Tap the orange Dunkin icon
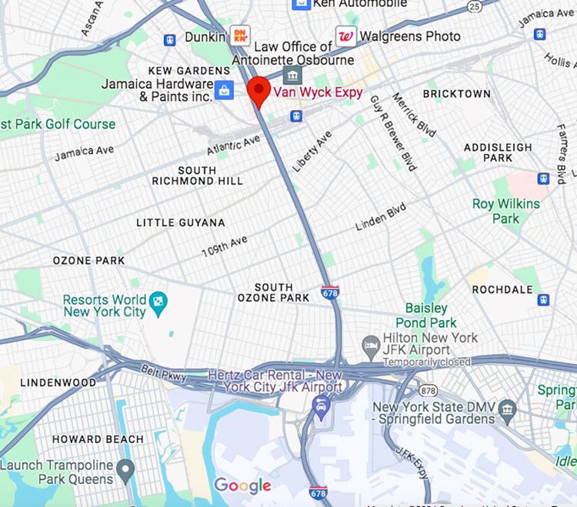[240, 35]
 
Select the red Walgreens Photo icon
[345, 35]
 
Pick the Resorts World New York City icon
[158, 300]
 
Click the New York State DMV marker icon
[507, 406]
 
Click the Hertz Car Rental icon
[322, 404]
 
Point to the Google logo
[242, 485]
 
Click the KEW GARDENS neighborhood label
[178, 71]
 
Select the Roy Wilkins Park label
[506, 211]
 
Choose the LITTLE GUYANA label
[181, 222]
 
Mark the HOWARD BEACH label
[98, 439]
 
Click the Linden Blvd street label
[380, 217]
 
